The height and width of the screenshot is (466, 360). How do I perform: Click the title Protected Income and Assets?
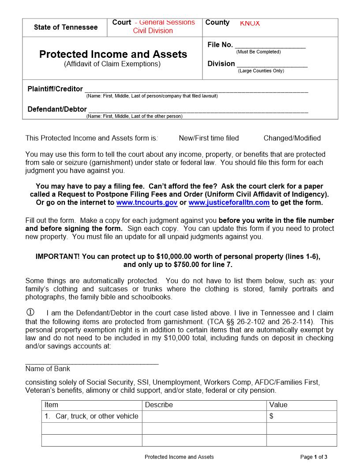coord(113,54)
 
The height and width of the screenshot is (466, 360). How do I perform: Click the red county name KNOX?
coord(250,23)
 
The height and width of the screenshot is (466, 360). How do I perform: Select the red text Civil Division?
coord(153,31)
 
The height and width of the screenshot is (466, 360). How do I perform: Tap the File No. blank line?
coord(270,45)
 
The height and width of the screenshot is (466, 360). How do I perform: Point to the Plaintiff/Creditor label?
coord(55,89)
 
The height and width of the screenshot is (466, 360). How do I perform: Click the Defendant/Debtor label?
coord(57,109)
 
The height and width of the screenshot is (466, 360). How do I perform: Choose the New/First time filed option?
coord(209,138)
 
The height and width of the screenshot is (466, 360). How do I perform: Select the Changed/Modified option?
coord(292,138)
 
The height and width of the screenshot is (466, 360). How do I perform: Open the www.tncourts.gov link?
coord(147,203)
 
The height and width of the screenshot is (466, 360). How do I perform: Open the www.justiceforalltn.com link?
coord(229,203)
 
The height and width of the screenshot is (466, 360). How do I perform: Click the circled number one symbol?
coord(30,313)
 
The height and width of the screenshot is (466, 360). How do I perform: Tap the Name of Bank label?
coord(48,369)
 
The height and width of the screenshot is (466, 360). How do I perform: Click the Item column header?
coord(52,405)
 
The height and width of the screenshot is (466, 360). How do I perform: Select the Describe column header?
coord(159,405)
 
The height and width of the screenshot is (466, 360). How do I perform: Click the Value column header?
coord(278,405)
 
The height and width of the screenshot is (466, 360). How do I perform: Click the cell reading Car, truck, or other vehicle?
coord(92,416)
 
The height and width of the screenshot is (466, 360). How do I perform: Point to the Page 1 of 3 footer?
coord(314,457)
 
